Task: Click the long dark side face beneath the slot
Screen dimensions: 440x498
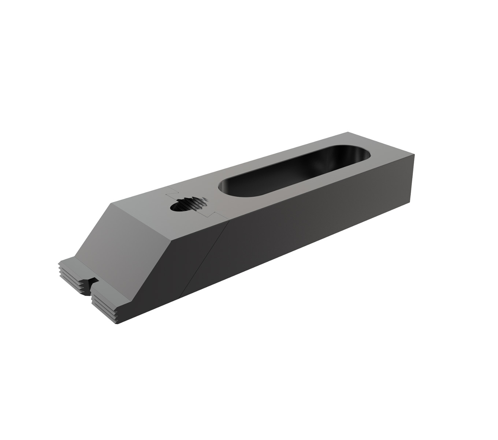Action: click(311, 227)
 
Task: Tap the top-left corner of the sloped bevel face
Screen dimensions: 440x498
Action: click(109, 203)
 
